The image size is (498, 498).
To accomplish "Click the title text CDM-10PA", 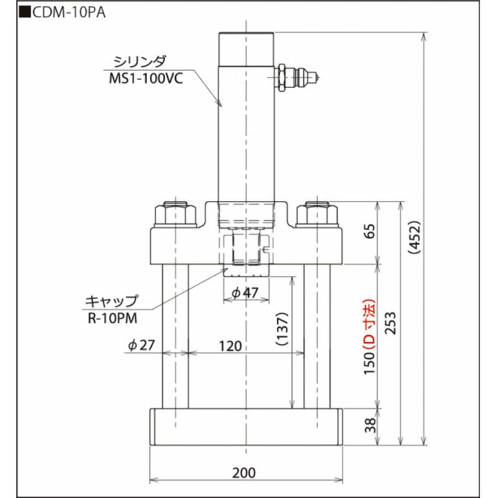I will click(66, 13).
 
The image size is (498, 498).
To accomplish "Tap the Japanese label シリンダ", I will click(139, 62).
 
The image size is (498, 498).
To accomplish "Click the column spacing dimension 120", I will click(230, 346).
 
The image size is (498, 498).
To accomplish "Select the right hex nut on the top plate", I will click(318, 215).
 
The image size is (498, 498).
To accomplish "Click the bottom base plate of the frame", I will click(247, 426).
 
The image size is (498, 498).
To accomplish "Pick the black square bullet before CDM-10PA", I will click(25, 13).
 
